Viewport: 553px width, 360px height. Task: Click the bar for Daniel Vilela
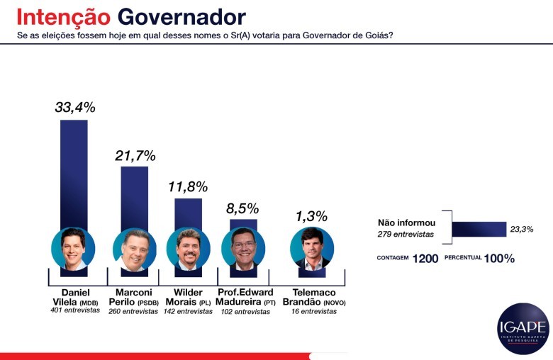pos(74,173)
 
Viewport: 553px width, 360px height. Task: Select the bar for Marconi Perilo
pos(134,196)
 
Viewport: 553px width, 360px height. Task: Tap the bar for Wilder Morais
pos(188,213)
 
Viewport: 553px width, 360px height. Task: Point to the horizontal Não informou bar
pos(479,229)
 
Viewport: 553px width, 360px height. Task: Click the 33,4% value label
pos(74,108)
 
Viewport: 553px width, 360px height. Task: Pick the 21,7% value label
pos(135,155)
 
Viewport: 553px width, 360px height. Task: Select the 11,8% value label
pos(188,187)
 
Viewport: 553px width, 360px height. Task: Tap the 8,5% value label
pos(243,208)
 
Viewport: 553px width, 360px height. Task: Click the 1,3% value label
pos(312,215)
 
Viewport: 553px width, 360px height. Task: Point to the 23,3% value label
pos(521,229)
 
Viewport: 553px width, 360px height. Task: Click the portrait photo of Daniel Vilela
pos(73,249)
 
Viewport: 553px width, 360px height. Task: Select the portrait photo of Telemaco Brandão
pos(312,249)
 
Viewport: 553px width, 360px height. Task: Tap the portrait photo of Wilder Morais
pos(188,249)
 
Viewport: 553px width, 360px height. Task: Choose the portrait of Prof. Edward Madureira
pos(243,249)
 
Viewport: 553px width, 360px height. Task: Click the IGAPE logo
pos(523,328)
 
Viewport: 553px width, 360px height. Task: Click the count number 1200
pos(425,259)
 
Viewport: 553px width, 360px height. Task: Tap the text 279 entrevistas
pos(403,234)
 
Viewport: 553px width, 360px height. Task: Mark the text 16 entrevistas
pos(313,311)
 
